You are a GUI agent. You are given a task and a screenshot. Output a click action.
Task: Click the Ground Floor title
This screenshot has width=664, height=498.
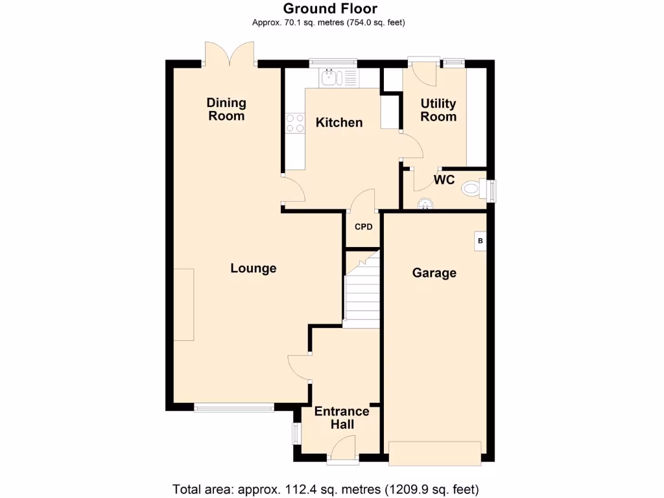(330, 8)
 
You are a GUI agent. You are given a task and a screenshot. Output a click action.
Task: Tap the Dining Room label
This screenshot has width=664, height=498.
(226, 109)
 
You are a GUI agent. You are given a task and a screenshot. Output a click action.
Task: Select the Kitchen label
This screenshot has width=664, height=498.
(339, 123)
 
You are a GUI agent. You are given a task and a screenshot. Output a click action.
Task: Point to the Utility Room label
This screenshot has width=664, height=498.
(438, 110)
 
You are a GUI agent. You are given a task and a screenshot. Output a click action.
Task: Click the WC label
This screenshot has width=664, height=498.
(444, 180)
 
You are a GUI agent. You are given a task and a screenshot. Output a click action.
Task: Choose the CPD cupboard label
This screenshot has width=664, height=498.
(363, 227)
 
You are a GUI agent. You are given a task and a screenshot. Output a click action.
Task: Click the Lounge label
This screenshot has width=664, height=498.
(254, 268)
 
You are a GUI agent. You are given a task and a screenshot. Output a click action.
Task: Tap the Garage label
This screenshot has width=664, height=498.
(434, 273)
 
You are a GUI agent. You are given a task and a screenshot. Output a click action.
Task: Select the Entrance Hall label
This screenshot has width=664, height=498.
(342, 418)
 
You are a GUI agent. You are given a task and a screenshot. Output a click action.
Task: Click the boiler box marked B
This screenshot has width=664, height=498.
(480, 241)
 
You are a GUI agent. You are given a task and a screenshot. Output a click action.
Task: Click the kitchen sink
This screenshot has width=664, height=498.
(331, 78)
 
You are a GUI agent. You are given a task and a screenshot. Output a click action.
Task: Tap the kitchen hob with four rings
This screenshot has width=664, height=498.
(295, 123)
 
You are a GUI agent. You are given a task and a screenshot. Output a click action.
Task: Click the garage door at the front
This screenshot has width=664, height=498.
(434, 453)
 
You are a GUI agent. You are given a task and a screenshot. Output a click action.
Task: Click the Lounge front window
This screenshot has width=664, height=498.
(234, 408)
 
